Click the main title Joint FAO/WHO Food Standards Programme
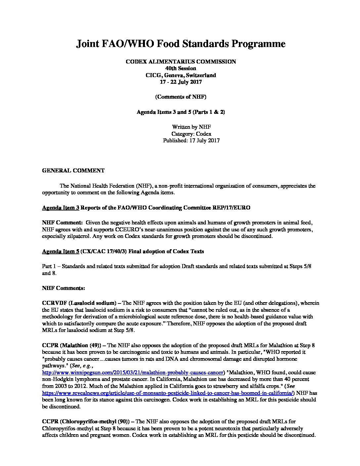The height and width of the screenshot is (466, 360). [x=181, y=44]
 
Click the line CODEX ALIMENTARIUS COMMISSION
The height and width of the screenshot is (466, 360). [x=181, y=62]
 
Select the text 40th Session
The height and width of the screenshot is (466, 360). [x=181, y=68]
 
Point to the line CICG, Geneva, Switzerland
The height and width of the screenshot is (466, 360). [x=181, y=75]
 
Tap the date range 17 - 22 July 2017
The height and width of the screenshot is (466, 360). [x=181, y=82]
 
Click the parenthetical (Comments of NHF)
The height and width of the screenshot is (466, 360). [x=181, y=97]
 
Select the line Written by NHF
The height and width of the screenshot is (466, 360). [x=191, y=127]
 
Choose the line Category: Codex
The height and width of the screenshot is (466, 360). [x=191, y=134]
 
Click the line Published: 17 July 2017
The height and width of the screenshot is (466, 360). [x=191, y=140]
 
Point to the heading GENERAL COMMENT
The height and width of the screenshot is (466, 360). [x=73, y=171]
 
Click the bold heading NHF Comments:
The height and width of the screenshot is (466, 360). [x=64, y=288]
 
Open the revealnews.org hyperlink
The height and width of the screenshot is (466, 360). [x=168, y=393]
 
